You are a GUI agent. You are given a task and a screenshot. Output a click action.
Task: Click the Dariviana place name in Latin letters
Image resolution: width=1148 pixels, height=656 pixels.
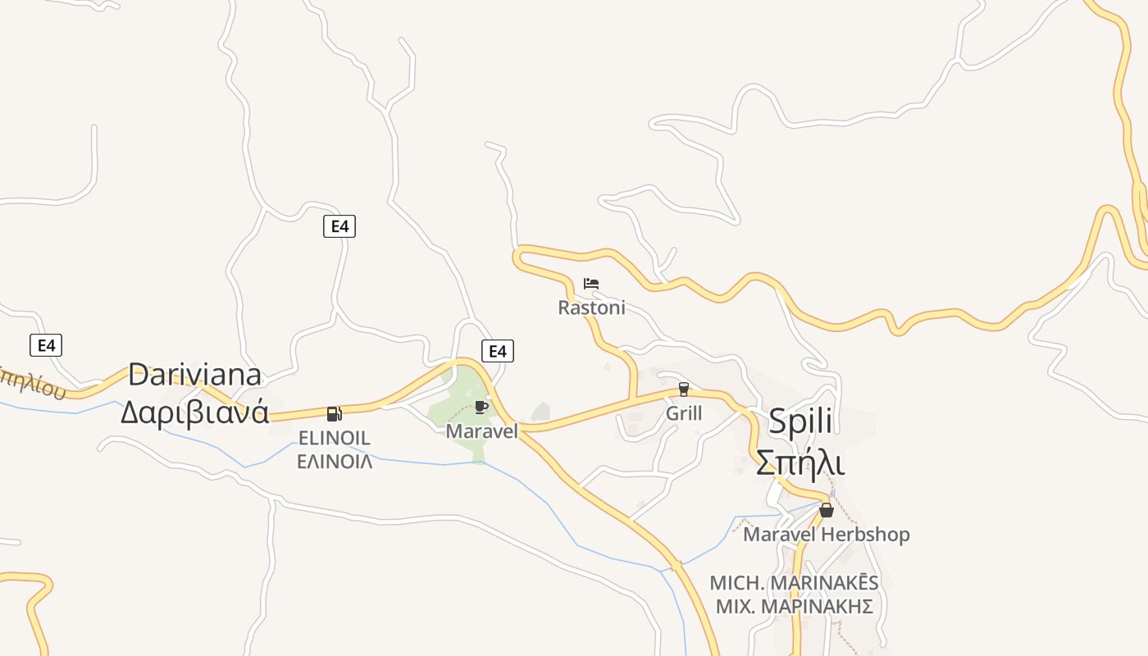[194, 375]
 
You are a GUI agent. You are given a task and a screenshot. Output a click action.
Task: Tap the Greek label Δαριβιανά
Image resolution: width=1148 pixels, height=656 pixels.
[194, 412]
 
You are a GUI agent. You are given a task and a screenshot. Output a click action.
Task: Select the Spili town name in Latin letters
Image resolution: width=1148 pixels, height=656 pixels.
[800, 421]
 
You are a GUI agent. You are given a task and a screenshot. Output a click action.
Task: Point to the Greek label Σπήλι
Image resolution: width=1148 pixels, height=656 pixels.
[799, 463]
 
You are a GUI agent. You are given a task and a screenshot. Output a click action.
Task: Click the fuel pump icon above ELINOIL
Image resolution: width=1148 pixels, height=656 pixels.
[334, 414]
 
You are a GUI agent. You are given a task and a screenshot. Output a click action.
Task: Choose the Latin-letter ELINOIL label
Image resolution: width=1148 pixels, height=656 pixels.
[334, 438]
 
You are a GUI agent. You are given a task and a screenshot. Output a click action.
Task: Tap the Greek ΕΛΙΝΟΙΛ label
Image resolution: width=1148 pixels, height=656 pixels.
[334, 461]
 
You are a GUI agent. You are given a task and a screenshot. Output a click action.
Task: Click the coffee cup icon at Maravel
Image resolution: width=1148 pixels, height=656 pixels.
[481, 407]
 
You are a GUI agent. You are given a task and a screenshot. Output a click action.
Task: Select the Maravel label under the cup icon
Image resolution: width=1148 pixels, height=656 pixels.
[481, 430]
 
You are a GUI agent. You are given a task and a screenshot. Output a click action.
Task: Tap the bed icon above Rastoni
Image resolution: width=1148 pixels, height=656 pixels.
[591, 284]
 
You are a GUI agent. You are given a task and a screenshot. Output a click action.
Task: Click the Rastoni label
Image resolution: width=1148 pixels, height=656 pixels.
[591, 307]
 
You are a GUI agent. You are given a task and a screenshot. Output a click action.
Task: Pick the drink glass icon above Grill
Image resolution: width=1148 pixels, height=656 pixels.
[684, 389]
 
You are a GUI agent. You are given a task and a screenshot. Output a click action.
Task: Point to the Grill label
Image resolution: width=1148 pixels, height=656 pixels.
[684, 412]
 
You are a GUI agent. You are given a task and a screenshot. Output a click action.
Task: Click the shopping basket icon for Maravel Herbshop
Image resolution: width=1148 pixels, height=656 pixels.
[827, 510]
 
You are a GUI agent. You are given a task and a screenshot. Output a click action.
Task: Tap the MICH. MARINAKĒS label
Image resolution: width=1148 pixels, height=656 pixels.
[794, 583]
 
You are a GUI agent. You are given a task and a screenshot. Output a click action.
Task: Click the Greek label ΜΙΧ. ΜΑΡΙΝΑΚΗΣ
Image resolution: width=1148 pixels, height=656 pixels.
[794, 607]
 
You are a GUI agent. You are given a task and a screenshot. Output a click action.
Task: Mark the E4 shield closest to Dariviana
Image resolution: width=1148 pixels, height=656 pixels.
[46, 345]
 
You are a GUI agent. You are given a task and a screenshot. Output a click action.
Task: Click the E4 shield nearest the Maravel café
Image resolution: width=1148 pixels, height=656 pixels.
[497, 351]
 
